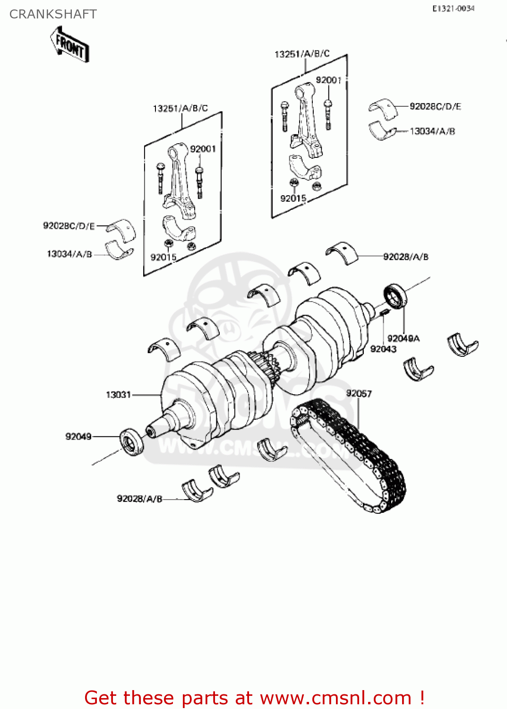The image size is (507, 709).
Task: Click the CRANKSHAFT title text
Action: pos(53,14)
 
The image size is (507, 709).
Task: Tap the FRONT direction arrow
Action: pos(70,45)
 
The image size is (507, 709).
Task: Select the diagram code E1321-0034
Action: pos(453,9)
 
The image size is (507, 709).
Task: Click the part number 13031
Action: pos(118,395)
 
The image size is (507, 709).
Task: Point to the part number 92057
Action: pos(359,393)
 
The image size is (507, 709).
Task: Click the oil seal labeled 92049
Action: pos(132,441)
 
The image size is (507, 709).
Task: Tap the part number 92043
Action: pos(383,349)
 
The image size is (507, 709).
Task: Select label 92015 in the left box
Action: pos(163,257)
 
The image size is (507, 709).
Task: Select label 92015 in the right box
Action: pos(293,199)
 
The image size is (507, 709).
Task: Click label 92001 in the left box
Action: pos(203,149)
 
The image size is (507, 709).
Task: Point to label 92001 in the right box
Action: pos(328,80)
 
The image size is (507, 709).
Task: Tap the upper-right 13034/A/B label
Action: pos(432,131)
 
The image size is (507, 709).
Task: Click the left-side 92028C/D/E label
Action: pos(69,226)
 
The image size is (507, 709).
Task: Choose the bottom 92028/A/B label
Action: pos(139,499)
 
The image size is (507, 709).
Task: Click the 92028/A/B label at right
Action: pos(405,257)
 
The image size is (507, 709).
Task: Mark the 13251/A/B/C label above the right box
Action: pos(302,54)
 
